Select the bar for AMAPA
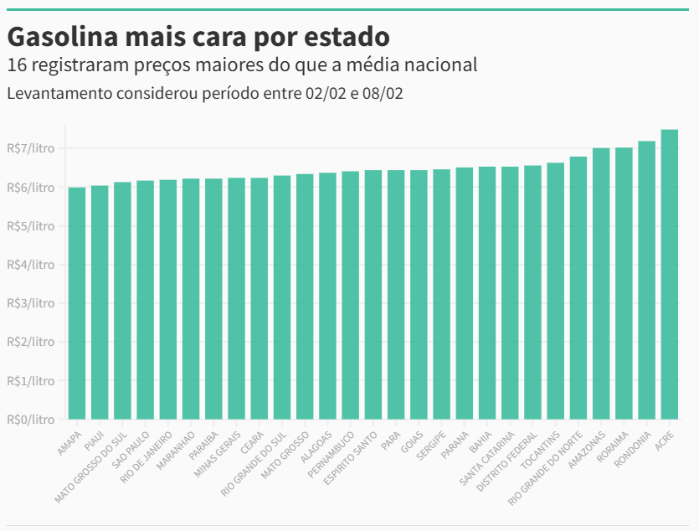click(x=77, y=303)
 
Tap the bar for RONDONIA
click(x=647, y=280)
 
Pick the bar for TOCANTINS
click(x=556, y=291)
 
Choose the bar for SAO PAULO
click(x=146, y=300)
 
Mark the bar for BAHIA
click(x=487, y=293)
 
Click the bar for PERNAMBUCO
click(x=351, y=295)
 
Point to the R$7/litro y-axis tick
click(x=31, y=149)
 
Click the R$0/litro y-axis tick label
click(x=31, y=419)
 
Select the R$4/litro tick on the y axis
click(x=31, y=265)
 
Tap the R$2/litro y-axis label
click(x=31, y=342)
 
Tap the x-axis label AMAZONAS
click(x=588, y=449)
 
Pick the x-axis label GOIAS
click(x=413, y=441)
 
